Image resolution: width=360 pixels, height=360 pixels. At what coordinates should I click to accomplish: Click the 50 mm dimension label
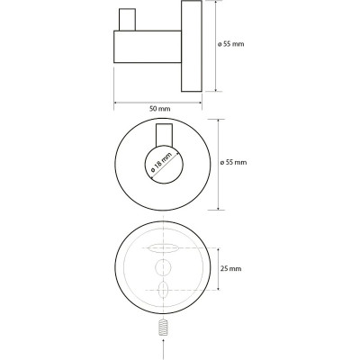tap(159, 109)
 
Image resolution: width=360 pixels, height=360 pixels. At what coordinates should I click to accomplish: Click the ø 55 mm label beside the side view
tap(230, 44)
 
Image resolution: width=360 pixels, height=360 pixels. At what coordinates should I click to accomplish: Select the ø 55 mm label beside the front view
tap(233, 162)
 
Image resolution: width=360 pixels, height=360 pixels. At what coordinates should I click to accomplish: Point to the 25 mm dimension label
tap(230, 268)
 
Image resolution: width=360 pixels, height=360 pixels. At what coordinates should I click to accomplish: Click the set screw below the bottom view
tap(163, 327)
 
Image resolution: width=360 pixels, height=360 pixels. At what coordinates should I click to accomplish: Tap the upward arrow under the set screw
tap(163, 348)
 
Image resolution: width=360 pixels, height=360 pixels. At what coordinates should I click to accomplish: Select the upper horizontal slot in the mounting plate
tap(164, 248)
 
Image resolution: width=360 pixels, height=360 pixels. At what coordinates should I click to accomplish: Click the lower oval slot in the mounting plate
tap(163, 290)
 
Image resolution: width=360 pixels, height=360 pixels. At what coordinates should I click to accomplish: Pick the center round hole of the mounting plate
tap(163, 266)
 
